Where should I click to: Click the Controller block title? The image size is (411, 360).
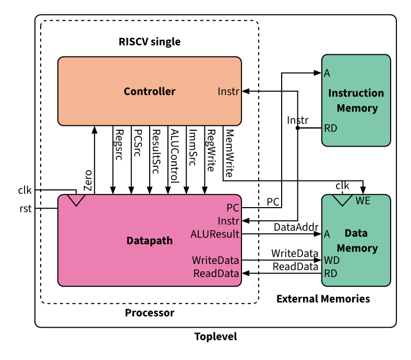(150, 92)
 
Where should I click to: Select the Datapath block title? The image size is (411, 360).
(150, 241)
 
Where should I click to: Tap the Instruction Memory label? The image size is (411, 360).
(356, 101)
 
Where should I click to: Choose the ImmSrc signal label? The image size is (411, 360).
(192, 148)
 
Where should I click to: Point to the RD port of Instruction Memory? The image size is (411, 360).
(330, 128)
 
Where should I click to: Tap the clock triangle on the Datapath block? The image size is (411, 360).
(77, 200)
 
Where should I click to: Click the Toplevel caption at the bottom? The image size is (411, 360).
(215, 337)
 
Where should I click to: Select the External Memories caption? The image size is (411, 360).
(323, 299)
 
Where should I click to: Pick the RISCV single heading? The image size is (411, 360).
(149, 42)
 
